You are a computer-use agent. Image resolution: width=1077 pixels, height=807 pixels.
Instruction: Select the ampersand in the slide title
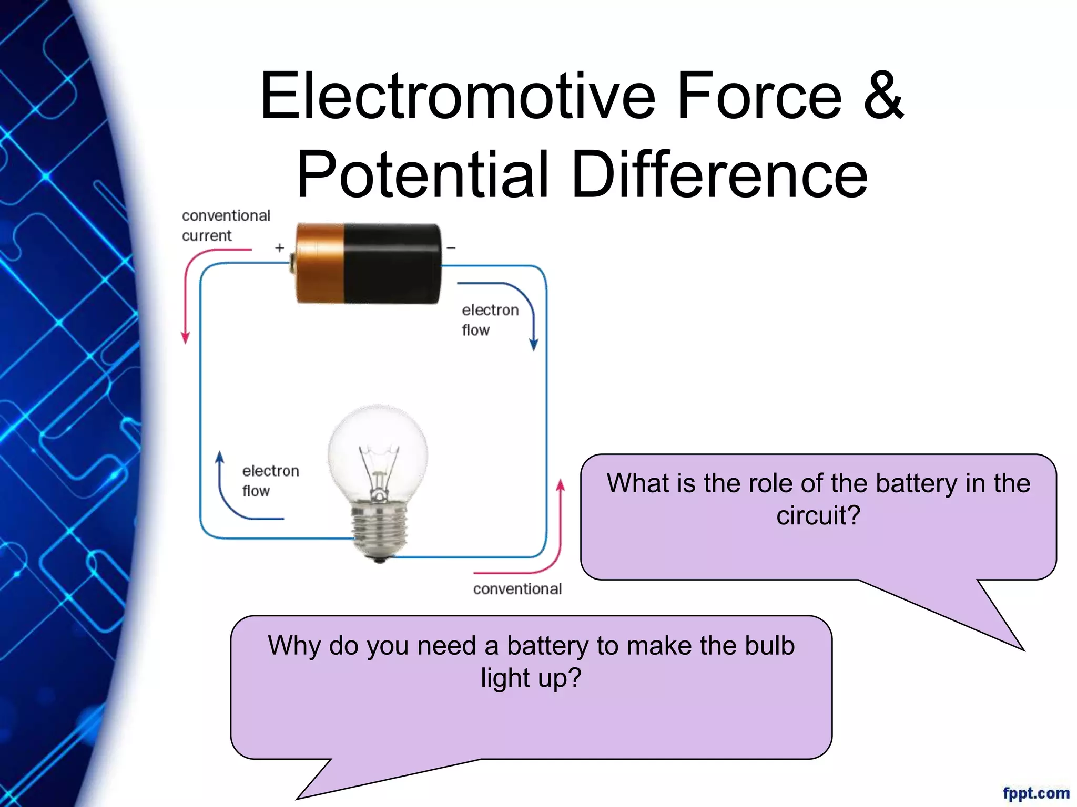(x=883, y=96)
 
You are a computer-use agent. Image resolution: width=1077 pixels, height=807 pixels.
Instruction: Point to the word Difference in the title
(x=719, y=174)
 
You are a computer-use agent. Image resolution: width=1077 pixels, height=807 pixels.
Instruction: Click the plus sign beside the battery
(x=280, y=247)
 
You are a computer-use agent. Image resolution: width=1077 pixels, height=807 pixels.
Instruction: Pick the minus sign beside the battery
(x=451, y=247)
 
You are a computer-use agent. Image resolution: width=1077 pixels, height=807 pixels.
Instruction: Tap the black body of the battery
(x=392, y=263)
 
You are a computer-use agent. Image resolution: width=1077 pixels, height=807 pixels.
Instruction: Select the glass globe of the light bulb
(x=378, y=447)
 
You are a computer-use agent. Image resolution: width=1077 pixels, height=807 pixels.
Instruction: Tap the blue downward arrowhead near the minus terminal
(x=534, y=345)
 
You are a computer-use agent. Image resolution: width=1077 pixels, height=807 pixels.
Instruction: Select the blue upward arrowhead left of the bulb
(x=220, y=457)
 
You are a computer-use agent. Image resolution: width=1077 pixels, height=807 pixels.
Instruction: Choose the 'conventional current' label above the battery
(x=226, y=225)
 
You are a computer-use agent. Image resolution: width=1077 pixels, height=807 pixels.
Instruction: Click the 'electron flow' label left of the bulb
(x=270, y=480)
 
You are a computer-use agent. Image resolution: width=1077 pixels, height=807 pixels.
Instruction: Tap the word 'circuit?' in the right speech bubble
(x=818, y=515)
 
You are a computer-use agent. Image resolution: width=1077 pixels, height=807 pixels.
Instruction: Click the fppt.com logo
(x=1035, y=792)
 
